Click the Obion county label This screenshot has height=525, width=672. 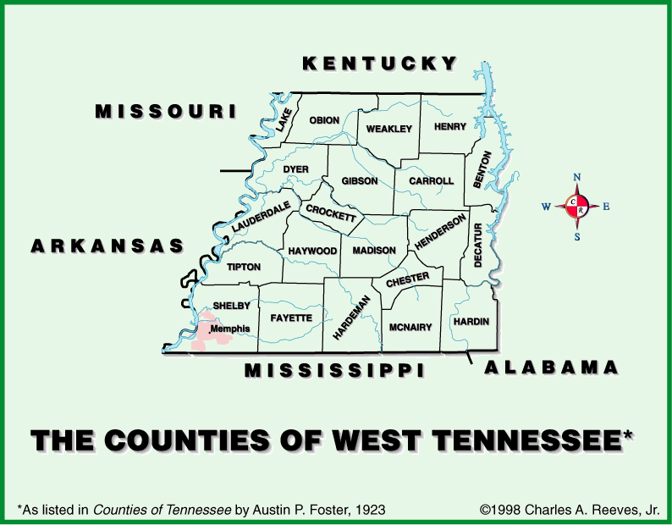pos(324,121)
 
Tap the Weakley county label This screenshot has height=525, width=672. pos(388,129)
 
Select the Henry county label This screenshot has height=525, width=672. pos(449,127)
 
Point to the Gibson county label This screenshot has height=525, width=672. pos(360,181)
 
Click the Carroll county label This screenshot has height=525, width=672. pos(432,181)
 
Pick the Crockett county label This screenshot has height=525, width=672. pos(331,213)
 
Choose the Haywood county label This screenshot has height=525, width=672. pos(312,251)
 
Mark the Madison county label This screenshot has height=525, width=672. pos(374,251)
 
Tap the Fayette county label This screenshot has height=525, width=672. pos(291,318)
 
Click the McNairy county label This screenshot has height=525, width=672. pos(410,327)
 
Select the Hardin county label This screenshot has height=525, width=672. pos(471,323)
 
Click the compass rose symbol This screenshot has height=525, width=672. pos(577,207)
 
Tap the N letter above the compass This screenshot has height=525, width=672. pos(577,177)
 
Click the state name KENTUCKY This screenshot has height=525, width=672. pos(380,64)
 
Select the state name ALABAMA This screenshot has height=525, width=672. pos(551,367)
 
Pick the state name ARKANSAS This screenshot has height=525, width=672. pos(107,246)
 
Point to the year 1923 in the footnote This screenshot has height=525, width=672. pos(370,510)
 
